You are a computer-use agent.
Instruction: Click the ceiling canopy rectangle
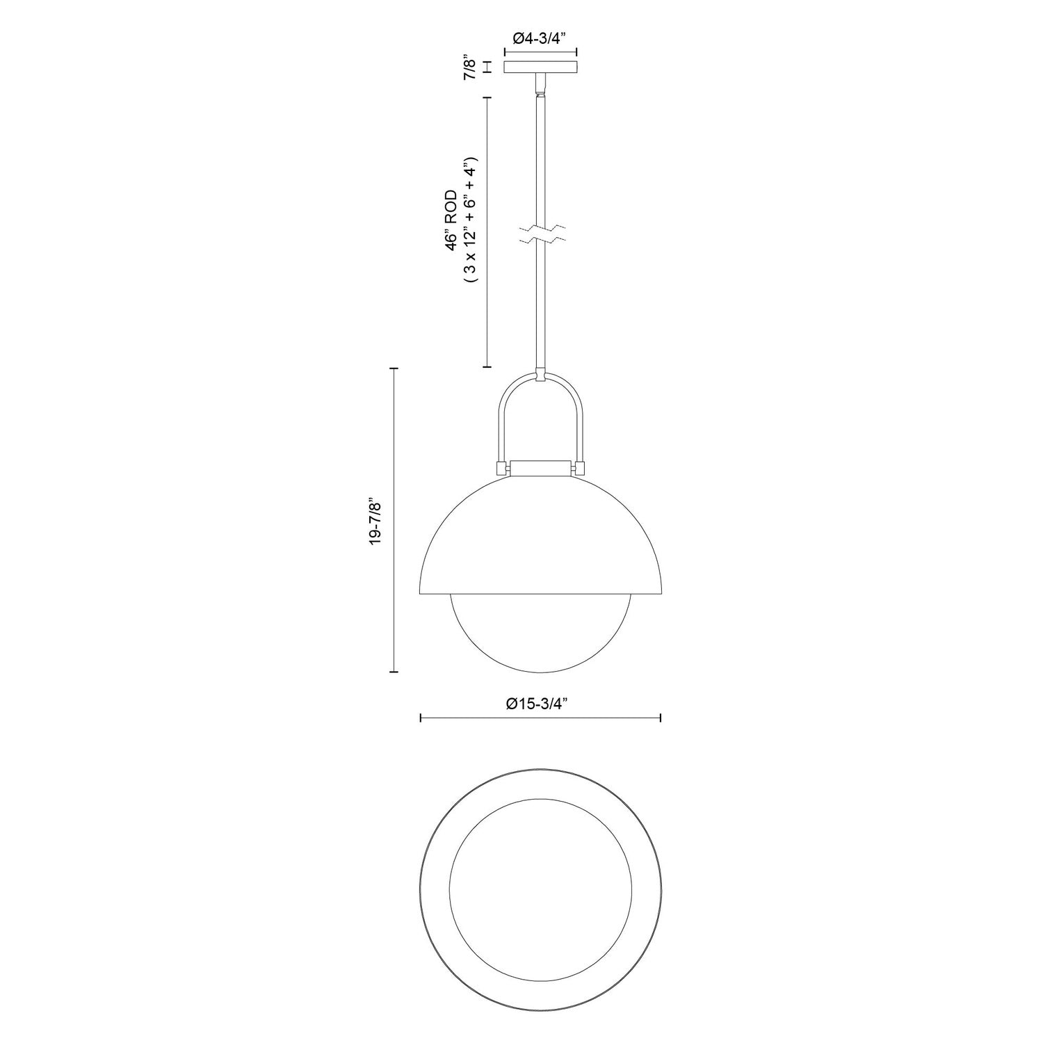[x=540, y=67]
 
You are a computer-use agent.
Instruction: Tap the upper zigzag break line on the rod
[x=540, y=228]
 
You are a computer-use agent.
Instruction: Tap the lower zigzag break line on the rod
[x=540, y=241]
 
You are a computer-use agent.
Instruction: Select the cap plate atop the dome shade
[x=540, y=468]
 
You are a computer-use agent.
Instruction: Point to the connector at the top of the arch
[x=540, y=375]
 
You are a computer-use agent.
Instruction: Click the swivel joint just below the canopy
[x=540, y=86]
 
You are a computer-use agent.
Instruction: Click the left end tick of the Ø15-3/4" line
[x=421, y=718]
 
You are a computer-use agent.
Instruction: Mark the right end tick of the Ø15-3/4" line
[x=660, y=718]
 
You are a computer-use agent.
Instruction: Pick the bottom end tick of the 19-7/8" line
[x=394, y=672]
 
